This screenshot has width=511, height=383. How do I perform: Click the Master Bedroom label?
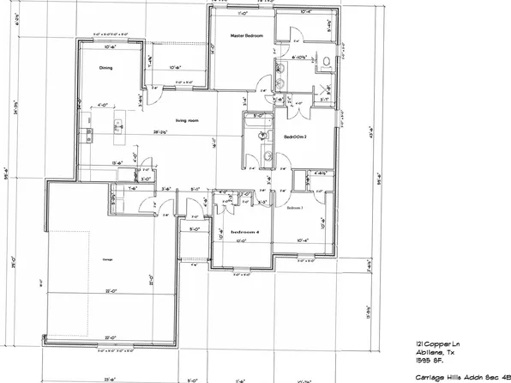click(245, 35)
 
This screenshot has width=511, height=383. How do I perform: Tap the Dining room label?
click(105, 66)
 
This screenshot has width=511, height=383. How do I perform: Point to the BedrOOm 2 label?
click(297, 137)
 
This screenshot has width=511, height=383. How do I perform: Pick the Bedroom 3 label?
click(294, 208)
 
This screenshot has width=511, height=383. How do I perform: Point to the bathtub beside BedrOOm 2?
click(255, 136)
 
